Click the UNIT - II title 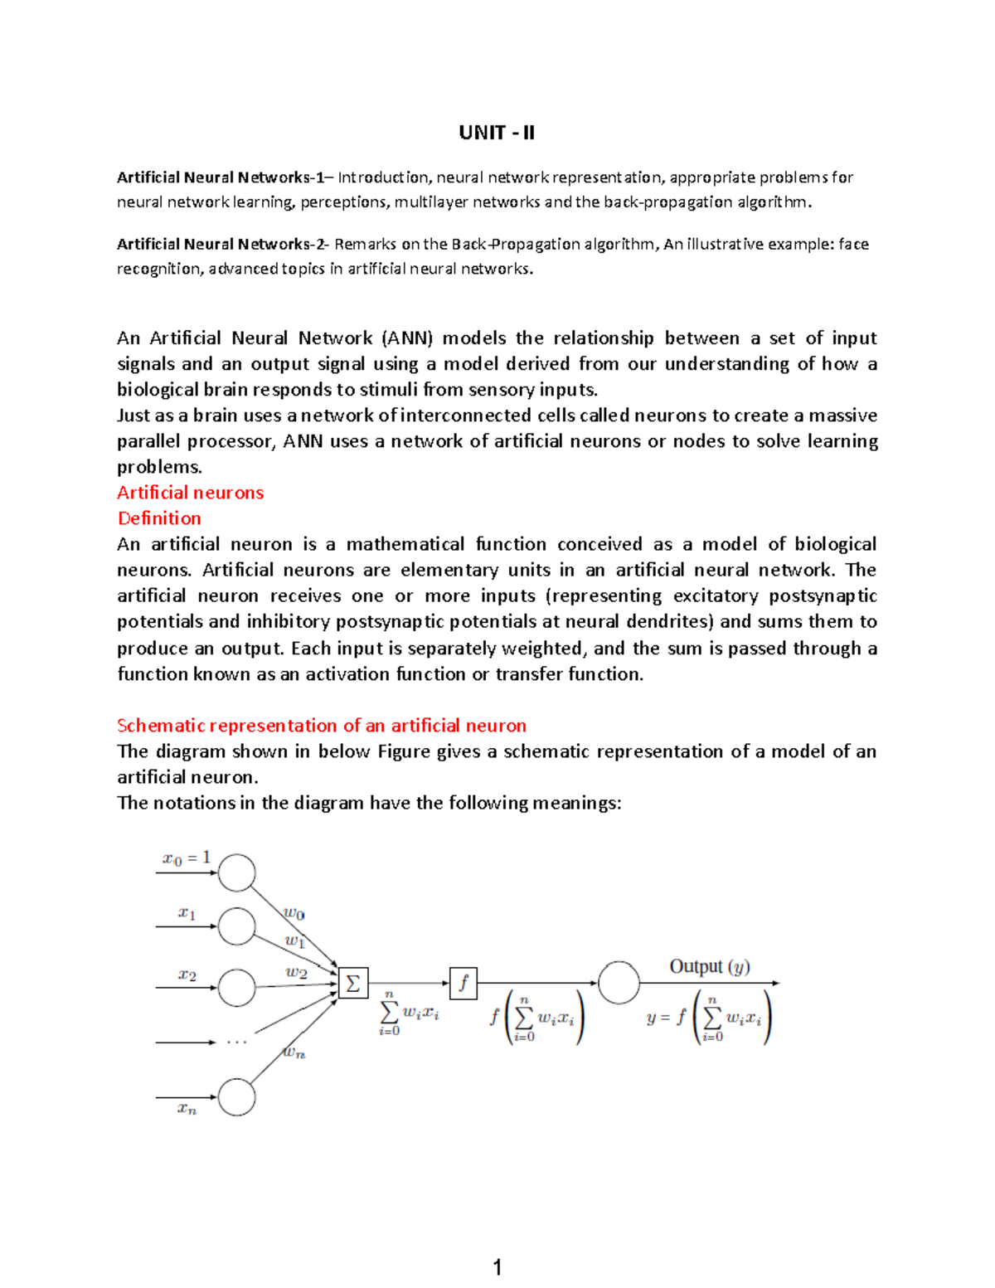497,133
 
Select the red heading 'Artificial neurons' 190,493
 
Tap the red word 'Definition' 159,518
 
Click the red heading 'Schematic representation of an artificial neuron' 322,726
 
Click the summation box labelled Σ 353,984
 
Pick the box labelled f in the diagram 464,984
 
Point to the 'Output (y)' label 709,966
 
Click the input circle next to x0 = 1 237,872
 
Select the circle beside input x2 237,988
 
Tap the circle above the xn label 237,1097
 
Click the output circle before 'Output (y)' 619,983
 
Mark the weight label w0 294,914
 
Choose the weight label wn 294,1052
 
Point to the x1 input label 187,913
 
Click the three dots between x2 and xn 237,1043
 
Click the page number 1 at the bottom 497,1266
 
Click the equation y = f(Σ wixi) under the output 709,1019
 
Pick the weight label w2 297,973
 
